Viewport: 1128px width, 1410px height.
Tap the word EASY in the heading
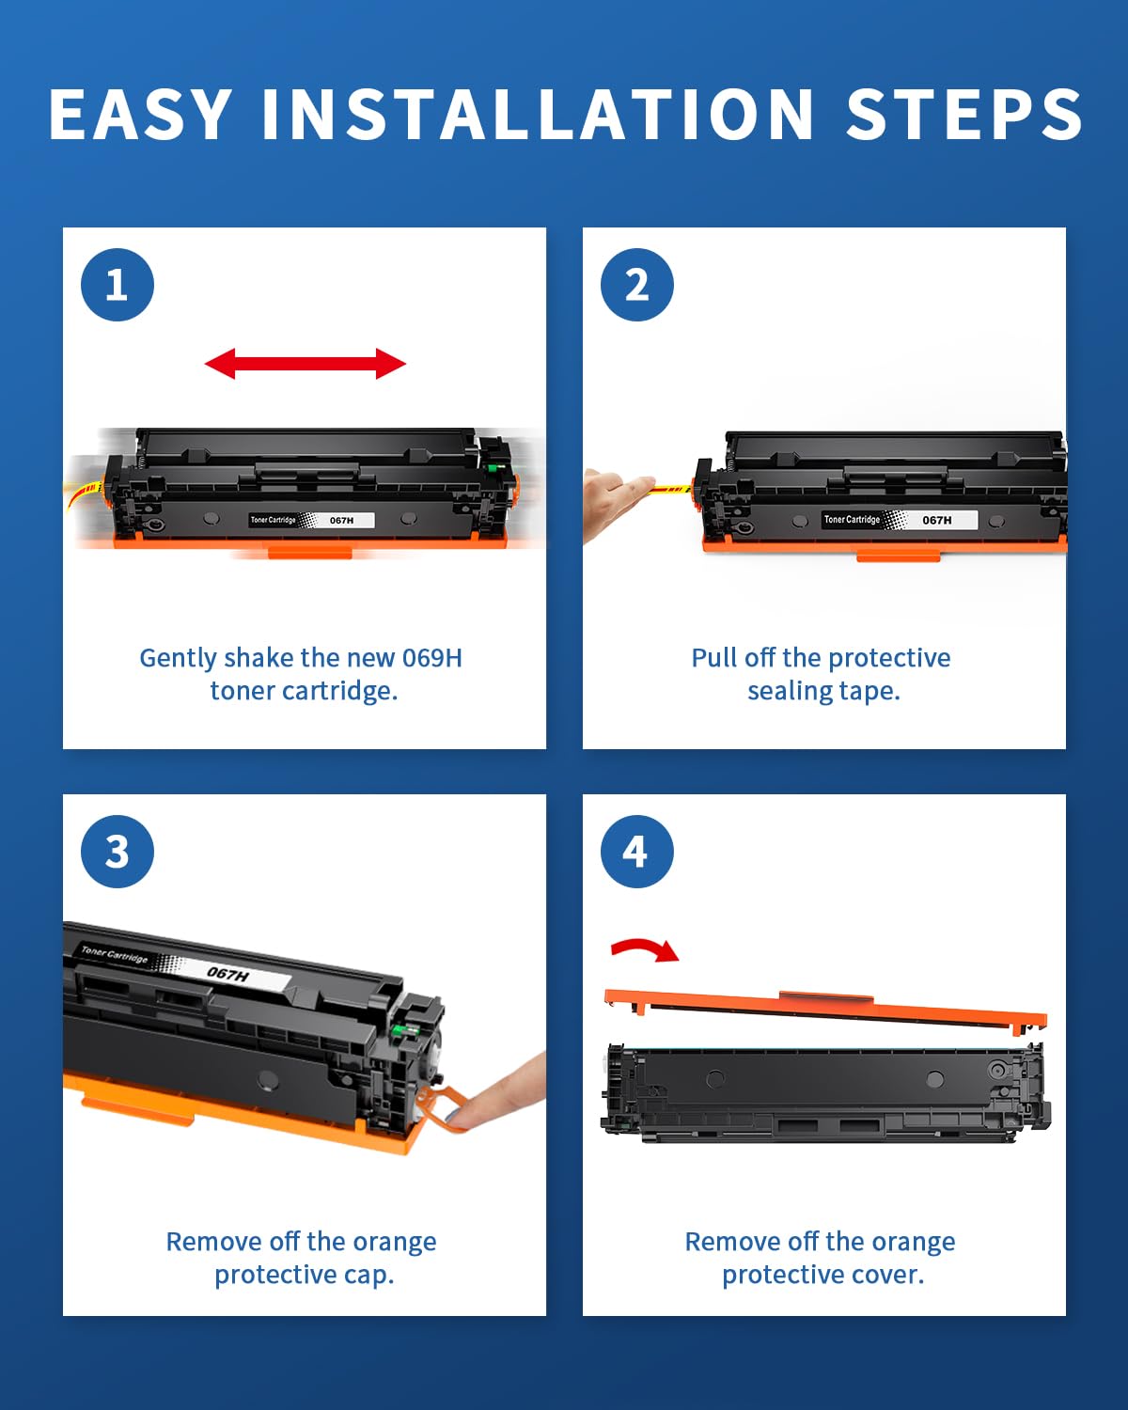[x=141, y=115]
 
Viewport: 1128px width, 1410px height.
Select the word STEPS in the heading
[x=964, y=115]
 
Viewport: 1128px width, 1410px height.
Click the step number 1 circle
[x=117, y=285]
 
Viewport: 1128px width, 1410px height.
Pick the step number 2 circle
[x=637, y=285]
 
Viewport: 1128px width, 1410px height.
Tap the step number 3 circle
[x=117, y=852]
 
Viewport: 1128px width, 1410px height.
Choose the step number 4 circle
[x=637, y=852]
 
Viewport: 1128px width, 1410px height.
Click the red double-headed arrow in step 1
[x=305, y=364]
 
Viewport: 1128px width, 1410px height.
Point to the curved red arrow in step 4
[x=645, y=949]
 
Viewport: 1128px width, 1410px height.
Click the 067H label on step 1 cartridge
[x=341, y=520]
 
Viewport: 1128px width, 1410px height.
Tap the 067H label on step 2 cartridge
[x=936, y=520]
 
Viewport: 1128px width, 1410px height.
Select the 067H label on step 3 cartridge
[x=228, y=973]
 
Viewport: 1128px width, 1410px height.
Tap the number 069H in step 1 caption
[x=431, y=658]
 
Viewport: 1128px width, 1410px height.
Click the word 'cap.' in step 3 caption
[x=368, y=1275]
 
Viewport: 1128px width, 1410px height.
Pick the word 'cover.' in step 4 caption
[x=887, y=1275]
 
